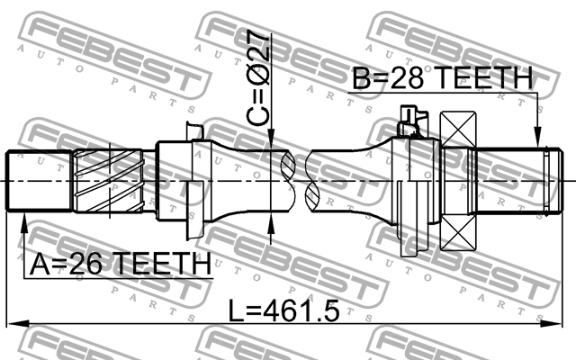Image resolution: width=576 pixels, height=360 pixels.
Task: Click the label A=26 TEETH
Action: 120,265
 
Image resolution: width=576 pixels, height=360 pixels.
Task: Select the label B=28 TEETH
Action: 441,80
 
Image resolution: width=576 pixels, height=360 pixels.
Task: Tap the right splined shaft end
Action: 512,181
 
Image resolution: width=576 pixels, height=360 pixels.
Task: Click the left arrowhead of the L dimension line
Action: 14,321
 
